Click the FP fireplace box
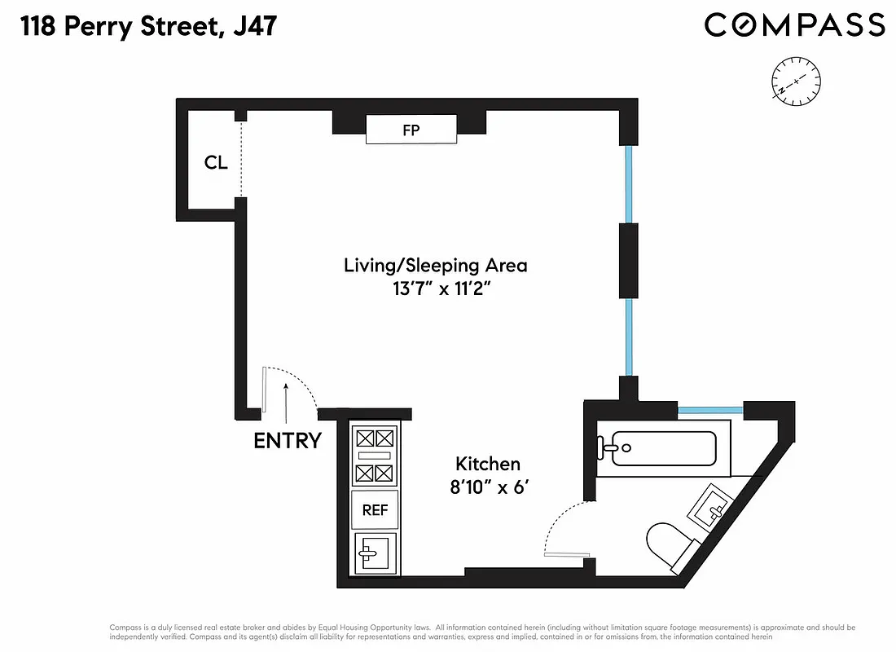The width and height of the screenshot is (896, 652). coord(411,130)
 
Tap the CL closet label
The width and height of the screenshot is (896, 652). coord(215,162)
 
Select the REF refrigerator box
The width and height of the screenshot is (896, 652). coord(375,510)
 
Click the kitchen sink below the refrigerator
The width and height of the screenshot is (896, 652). coord(375,554)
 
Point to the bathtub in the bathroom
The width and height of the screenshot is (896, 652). coord(663,447)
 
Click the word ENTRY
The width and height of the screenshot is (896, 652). coord(287,441)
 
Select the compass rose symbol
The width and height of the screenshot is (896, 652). coord(796,81)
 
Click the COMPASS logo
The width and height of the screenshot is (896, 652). coord(794,24)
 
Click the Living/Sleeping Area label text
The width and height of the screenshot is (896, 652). coord(435,265)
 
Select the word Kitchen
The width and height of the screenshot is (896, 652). coord(487,464)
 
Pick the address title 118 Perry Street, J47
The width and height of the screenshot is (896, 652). coord(147,27)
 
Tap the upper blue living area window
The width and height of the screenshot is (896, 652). coord(627,183)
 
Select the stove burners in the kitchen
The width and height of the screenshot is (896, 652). coord(375,456)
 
